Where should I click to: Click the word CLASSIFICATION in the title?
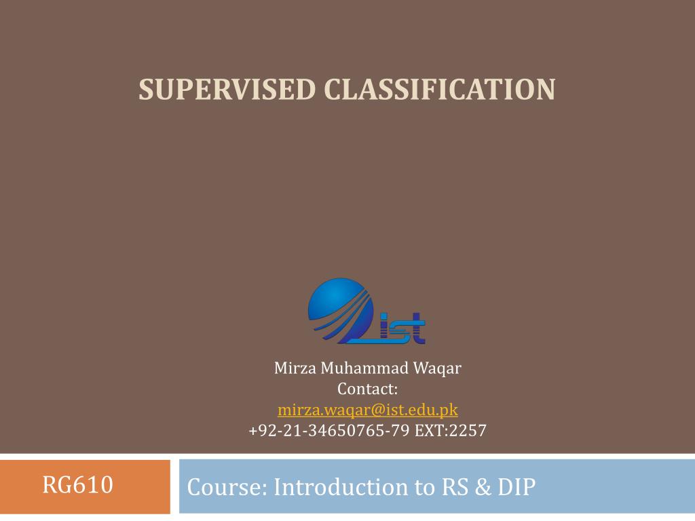pos(439,90)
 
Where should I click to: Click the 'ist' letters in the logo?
pos(403,329)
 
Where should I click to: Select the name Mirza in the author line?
pos(295,368)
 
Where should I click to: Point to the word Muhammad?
pos(364,368)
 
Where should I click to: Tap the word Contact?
pos(367,389)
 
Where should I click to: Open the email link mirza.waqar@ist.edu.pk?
pos(367,410)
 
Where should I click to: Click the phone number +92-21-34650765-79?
pos(329,430)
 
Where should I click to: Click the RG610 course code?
pos(77,486)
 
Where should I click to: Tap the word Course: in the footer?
pos(227,487)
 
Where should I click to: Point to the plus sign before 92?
pos(253,431)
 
